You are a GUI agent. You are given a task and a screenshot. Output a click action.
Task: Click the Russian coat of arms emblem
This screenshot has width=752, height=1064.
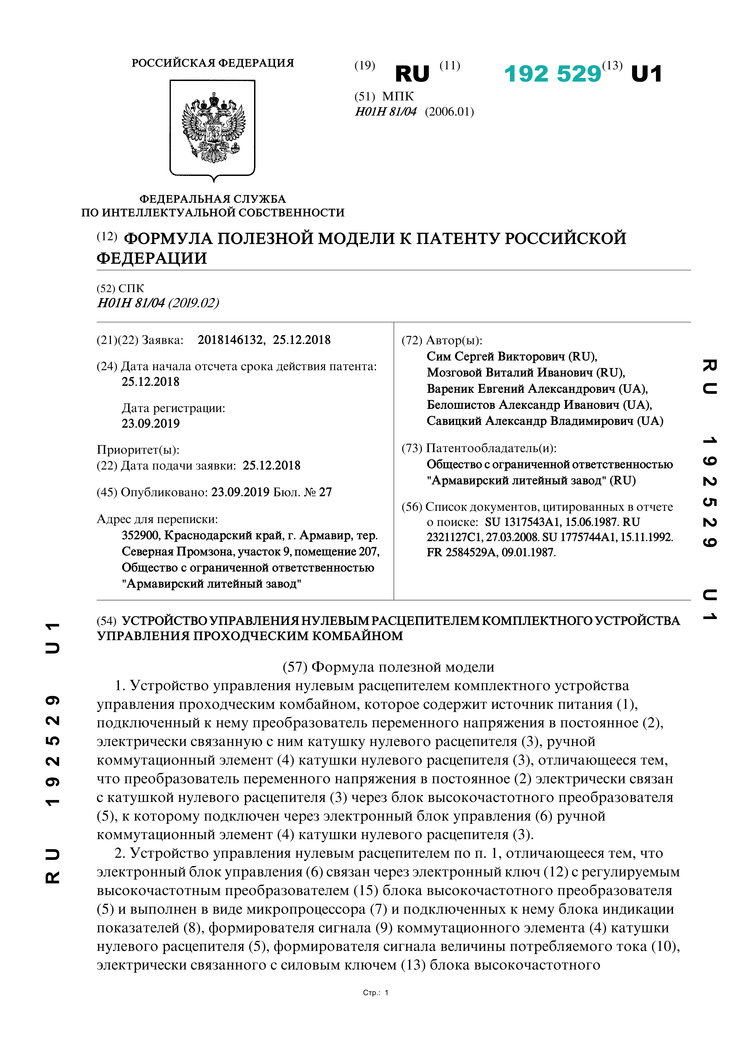pos(213,127)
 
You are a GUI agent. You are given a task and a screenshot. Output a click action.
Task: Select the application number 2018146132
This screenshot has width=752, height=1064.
pos(230,340)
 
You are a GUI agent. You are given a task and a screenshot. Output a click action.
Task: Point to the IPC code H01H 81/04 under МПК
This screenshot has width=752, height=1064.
pos(385,112)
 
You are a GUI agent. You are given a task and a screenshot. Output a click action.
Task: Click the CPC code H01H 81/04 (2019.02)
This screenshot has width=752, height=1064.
pos(157,303)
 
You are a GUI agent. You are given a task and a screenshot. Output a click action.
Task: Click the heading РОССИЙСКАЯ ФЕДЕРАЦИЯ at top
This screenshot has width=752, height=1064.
pos(213,63)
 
